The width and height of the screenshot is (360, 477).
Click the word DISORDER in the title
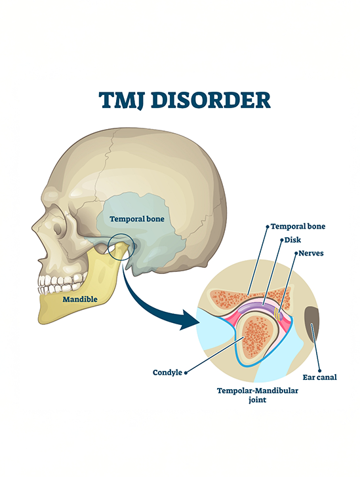(x=210, y=100)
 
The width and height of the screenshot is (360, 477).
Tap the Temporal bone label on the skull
(x=137, y=219)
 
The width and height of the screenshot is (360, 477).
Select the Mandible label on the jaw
(x=80, y=299)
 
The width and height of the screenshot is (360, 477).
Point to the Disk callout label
(x=292, y=240)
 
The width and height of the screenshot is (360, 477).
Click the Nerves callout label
(x=311, y=253)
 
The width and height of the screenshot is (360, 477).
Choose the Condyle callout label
(x=167, y=373)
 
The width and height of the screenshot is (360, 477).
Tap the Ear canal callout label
(x=320, y=377)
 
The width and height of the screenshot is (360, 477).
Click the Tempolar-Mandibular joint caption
(x=258, y=395)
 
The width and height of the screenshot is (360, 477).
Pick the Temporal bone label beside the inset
(x=298, y=226)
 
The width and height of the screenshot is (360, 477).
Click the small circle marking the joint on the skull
(x=120, y=246)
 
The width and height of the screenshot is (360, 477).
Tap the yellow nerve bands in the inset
(x=277, y=315)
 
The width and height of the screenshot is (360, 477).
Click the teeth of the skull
(x=61, y=284)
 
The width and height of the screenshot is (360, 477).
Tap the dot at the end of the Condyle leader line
(x=186, y=373)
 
